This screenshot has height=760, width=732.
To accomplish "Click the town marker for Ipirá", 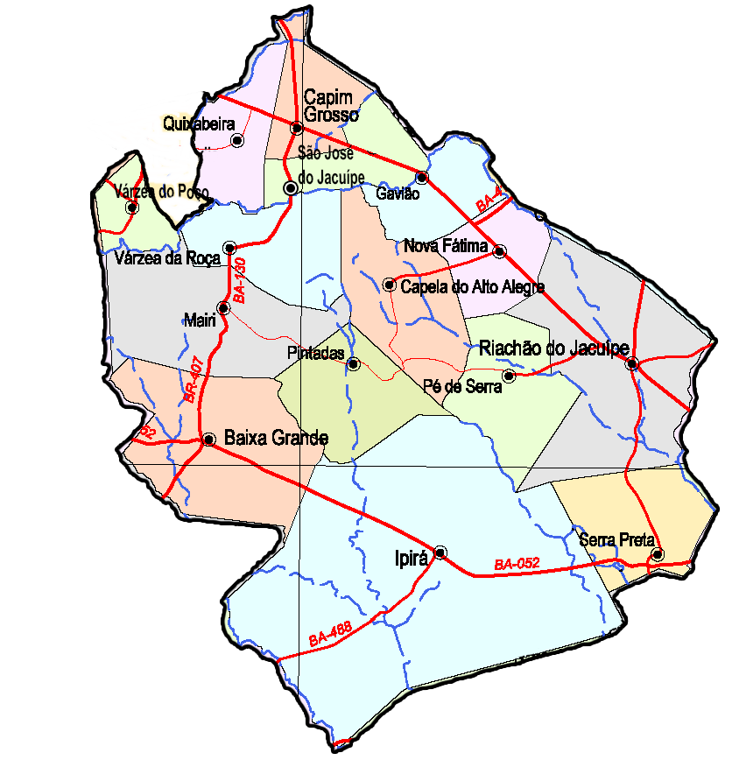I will point(440,552).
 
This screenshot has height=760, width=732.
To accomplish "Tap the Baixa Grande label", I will point(276,438).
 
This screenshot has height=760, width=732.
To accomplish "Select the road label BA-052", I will point(516,565).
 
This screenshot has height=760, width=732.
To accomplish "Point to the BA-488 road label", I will point(330,635).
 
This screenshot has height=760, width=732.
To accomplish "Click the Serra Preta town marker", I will point(658,554).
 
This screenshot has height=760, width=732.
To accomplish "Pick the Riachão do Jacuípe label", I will point(554,348).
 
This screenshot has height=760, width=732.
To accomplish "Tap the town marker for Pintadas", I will point(353,363).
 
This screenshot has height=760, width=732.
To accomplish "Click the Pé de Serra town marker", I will point(510,376).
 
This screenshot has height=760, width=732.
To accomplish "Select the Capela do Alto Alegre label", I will point(472,286).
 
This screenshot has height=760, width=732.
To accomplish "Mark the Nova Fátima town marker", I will point(499,251).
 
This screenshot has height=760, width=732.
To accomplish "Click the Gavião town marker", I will point(421,178).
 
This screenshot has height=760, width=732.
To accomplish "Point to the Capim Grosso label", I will point(331,106).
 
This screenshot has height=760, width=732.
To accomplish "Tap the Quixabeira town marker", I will point(236,140).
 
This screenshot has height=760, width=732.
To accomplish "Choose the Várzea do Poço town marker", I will point(131,208).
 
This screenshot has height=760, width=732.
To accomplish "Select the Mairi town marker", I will point(224,307).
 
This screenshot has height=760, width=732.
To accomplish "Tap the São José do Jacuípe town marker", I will point(290,188).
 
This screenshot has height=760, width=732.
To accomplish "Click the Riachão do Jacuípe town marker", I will point(632,363).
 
